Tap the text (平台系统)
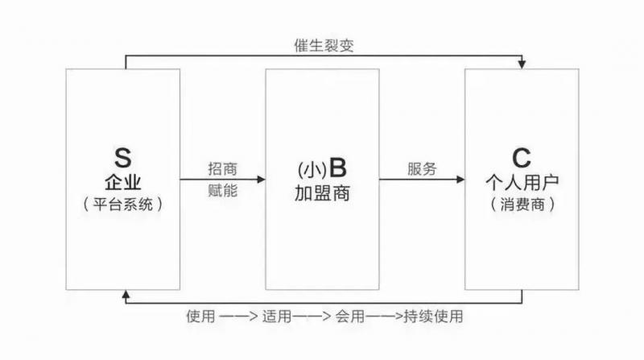pyautogui.click(x=122, y=205)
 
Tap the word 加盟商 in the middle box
pyautogui.click(x=322, y=194)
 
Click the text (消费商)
pyautogui.click(x=522, y=205)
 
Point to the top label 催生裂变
pyautogui.click(x=324, y=46)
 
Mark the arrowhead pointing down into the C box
pyautogui.click(x=523, y=64)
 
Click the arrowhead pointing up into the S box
pyautogui.click(x=125, y=295)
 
